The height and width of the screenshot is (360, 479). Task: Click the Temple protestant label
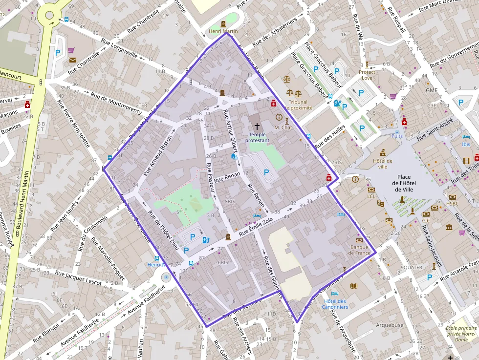pyautogui.click(x=257, y=137)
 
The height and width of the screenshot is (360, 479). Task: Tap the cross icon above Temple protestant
pyautogui.click(x=257, y=126)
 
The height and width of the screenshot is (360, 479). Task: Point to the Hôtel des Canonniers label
pyautogui.click(x=335, y=304)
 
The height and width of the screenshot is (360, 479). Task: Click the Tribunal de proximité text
pyautogui.click(x=298, y=105)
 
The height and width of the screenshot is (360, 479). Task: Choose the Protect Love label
pyautogui.click(x=367, y=75)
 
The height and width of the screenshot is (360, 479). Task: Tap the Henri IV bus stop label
pyautogui.click(x=157, y=264)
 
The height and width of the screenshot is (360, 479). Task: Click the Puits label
pyautogui.click(x=397, y=137)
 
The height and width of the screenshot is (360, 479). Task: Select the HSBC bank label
pyautogui.click(x=453, y=203)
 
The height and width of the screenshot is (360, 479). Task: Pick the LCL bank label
pyautogui.click(x=371, y=196)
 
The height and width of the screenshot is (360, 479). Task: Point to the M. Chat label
pyautogui.click(x=283, y=127)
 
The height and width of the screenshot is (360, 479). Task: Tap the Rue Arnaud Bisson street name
pyautogui.click(x=158, y=155)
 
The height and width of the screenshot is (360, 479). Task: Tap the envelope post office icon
pyautogui.click(x=73, y=60)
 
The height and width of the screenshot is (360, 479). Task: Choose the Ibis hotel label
pyautogui.click(x=466, y=144)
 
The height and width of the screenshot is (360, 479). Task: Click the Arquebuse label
pyautogui.click(x=390, y=325)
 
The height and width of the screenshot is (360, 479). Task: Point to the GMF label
pyautogui.click(x=431, y=90)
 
